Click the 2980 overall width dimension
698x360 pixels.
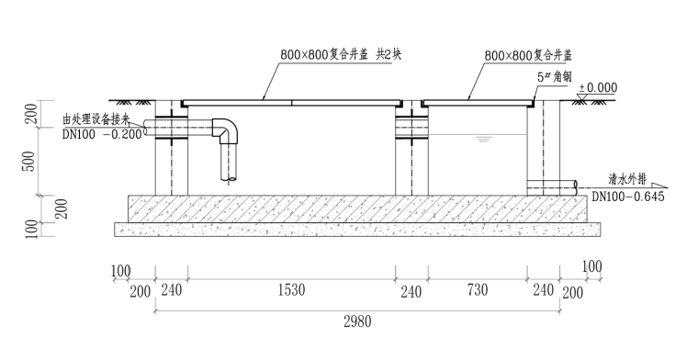(357, 321)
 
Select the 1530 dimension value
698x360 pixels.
(291, 290)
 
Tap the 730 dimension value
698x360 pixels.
(478, 290)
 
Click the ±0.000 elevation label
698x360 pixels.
(598, 87)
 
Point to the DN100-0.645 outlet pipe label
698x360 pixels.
(627, 197)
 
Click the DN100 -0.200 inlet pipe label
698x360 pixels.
(102, 134)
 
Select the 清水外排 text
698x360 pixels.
(627, 179)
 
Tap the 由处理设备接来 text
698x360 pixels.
(96, 119)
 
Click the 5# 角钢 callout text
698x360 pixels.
(554, 76)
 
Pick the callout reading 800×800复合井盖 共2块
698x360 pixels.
(341, 54)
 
